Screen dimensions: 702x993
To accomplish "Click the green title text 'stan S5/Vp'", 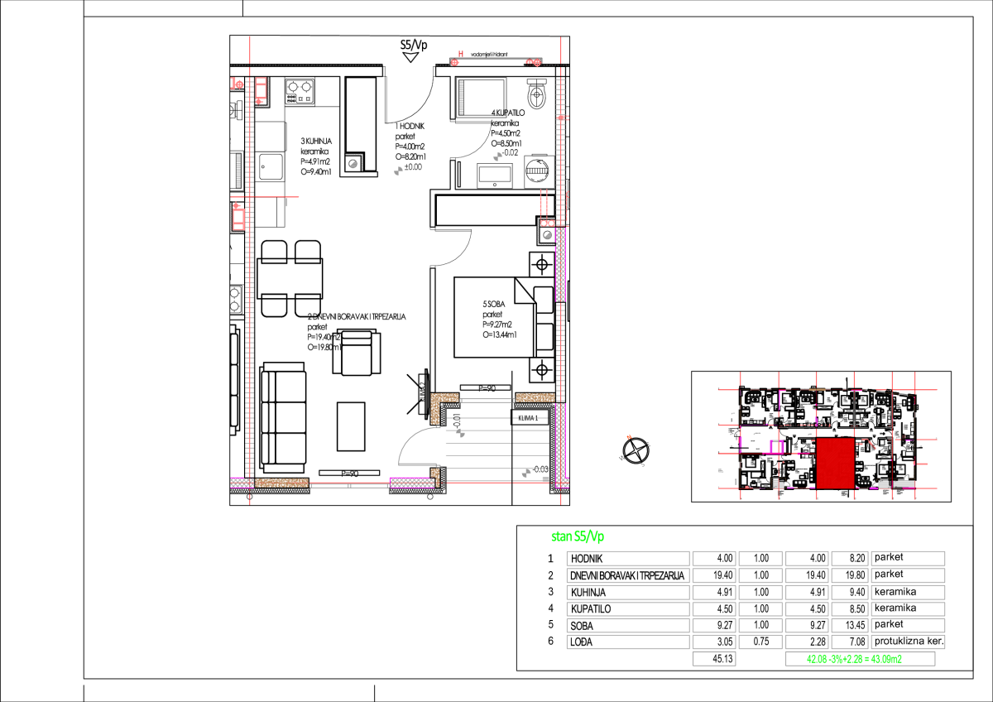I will click(577, 536).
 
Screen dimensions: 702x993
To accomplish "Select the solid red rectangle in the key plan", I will click(835, 463).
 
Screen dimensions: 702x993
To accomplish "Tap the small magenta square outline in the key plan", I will click(776, 447).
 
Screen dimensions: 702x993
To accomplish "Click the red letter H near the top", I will click(461, 55).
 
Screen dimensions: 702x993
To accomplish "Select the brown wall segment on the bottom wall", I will click(281, 483).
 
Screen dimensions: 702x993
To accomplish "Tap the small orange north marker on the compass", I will click(629, 437).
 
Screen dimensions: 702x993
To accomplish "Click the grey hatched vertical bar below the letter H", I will click(462, 97).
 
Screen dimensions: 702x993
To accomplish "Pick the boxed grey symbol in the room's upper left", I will click(354, 162).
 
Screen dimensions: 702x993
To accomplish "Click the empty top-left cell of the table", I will click(627, 559).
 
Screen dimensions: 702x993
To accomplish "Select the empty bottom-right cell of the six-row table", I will click(907, 642).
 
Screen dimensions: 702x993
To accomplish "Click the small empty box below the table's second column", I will click(713, 659).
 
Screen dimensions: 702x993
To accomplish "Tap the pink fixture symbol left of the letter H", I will click(454, 62).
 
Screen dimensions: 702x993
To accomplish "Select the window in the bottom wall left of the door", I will click(348, 485).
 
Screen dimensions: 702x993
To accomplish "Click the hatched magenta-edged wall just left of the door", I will click(411, 482).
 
